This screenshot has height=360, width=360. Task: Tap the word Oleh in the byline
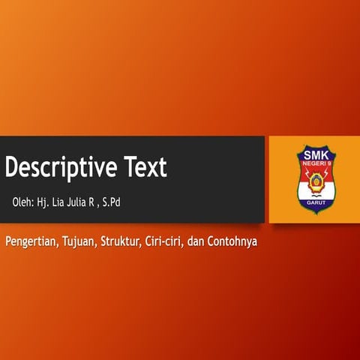(x=22, y=202)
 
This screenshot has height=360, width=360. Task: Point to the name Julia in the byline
(x=80, y=202)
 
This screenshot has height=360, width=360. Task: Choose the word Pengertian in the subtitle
(x=31, y=243)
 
